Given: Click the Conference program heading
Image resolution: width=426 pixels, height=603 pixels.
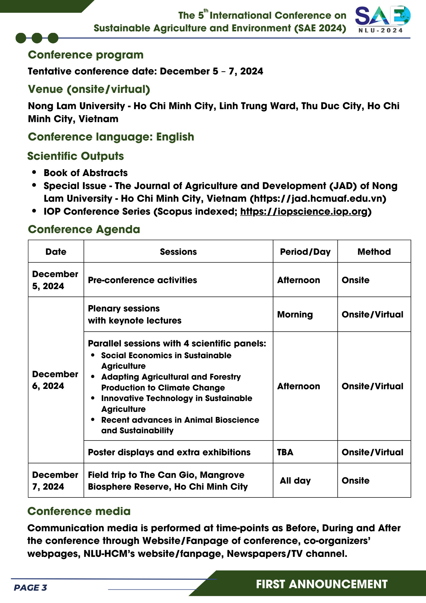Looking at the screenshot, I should pos(86,55).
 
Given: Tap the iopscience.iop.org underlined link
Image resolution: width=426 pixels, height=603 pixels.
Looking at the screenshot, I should pos(304,212).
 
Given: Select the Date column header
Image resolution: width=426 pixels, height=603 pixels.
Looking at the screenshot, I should pos(56,252).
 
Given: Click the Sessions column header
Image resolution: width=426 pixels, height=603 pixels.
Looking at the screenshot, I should pos(178,252).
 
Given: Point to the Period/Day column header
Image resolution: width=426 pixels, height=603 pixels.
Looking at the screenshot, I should pos(305,252).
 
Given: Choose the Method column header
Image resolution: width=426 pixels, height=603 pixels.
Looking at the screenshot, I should pos(374,252).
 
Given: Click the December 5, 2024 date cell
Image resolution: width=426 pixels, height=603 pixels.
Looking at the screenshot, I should pos(55,280).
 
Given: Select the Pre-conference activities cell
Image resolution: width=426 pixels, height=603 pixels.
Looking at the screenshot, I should pos(143,280).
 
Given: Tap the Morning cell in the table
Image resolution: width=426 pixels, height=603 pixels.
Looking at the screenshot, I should pos(295,314).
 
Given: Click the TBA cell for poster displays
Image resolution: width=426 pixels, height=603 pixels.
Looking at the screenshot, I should pos(285,452).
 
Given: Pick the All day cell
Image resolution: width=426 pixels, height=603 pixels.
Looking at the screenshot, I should pos(295,481).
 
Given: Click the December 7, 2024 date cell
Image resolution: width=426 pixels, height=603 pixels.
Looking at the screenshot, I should pos(55,481).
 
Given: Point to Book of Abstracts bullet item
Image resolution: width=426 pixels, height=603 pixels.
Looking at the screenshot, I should pos(86,173).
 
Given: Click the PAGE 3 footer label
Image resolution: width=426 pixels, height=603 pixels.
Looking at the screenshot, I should pos(30,588).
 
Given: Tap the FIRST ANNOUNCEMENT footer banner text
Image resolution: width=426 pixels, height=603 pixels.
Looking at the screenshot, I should pos(321,584).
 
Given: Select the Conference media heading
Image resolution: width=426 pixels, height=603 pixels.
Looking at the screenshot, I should pos(79,511).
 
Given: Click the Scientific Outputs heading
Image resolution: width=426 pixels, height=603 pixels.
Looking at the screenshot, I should pos(76,156).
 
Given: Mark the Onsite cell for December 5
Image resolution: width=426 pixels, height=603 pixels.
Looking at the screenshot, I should pos(356,280).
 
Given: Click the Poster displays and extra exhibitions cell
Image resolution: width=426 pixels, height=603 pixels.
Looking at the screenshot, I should pos(169,452).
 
